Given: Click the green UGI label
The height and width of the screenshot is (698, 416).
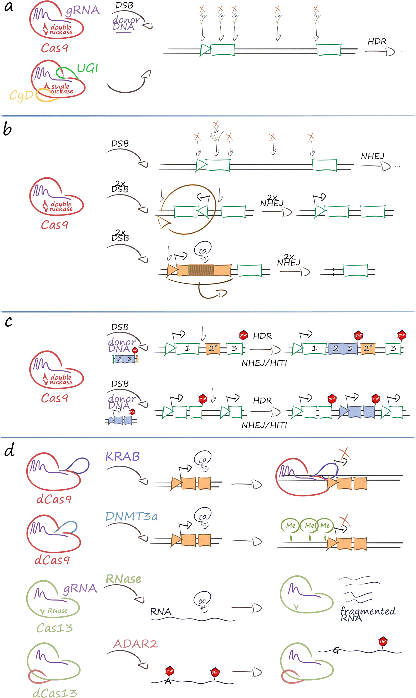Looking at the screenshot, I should [88, 68].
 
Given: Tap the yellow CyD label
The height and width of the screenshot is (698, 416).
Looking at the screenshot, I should [21, 95].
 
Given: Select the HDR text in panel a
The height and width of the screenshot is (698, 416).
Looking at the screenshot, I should [377, 42].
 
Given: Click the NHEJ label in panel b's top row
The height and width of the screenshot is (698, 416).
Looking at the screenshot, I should [372, 156].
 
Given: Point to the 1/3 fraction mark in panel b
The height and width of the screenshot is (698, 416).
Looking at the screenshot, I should [214, 137].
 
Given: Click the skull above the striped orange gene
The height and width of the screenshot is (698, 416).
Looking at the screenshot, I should [203, 250].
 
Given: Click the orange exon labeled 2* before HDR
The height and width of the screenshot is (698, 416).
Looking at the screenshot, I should [213, 348].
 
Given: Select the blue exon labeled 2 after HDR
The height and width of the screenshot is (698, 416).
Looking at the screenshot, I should [336, 348].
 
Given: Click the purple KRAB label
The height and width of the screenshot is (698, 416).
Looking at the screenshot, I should [123, 457].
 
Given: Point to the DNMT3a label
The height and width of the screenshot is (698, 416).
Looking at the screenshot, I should [131, 516].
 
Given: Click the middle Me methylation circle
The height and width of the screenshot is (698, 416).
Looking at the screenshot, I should [309, 525].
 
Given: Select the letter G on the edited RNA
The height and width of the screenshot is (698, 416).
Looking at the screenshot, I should [336, 650].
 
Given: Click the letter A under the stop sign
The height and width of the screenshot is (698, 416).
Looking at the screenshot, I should [168, 681].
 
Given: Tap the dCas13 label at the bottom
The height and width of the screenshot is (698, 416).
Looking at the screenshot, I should [55, 693].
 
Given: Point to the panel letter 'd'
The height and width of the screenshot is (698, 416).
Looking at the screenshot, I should [9, 451].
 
